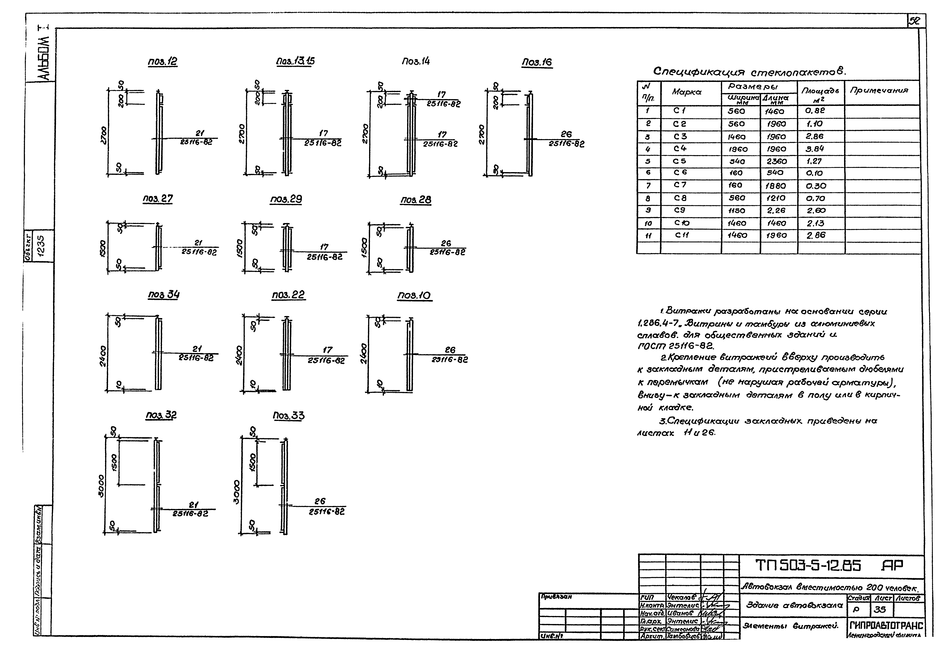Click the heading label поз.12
point(162,62)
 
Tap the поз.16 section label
point(537,62)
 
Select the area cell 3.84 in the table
point(815,149)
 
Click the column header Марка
point(687,92)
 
